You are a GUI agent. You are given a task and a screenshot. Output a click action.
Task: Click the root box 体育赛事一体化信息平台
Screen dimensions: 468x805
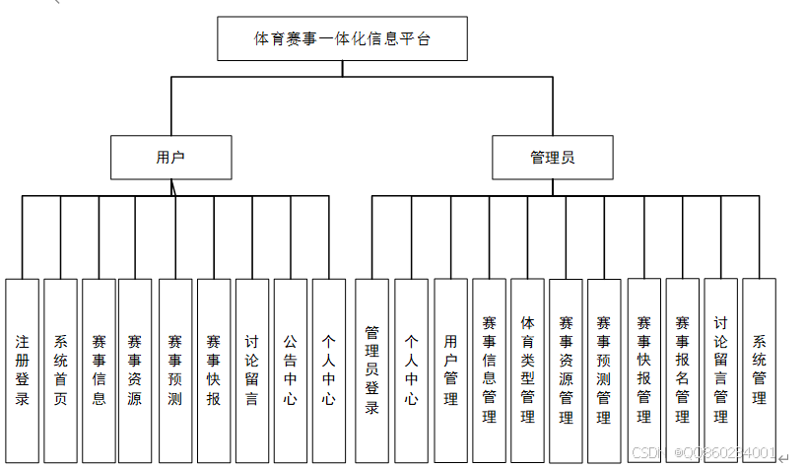[x=342, y=39]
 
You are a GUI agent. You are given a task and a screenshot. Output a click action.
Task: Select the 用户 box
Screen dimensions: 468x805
[x=170, y=158]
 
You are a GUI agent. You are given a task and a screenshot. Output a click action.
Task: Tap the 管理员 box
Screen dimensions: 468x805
[x=552, y=158]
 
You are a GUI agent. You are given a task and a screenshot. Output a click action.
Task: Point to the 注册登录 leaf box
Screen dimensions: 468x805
[x=22, y=369]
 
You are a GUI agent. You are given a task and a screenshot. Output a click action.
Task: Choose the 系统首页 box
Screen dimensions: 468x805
[x=60, y=369]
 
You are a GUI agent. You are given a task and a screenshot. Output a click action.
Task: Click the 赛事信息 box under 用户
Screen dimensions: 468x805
[x=99, y=369]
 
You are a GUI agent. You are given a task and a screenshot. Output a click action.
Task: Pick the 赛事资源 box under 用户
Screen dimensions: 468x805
[x=135, y=369]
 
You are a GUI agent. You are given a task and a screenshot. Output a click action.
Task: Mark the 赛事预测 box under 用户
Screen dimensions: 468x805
[x=174, y=369]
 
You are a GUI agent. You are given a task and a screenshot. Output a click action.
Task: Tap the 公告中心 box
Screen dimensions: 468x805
[x=290, y=369]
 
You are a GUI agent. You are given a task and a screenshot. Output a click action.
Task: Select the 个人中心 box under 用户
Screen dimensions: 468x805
[x=328, y=369]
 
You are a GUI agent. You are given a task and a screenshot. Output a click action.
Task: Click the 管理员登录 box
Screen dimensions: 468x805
[x=371, y=369]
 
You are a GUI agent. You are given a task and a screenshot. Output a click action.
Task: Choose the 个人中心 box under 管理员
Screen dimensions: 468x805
[x=411, y=369]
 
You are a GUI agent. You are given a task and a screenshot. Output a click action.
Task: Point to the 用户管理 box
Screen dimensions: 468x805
[x=450, y=369]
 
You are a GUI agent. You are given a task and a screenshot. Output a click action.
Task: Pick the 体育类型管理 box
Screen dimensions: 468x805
[x=527, y=369]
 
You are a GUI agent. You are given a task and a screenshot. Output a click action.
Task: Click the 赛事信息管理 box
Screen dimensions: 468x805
[x=489, y=369]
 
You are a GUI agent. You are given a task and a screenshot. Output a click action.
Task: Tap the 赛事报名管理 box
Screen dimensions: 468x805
[x=682, y=369]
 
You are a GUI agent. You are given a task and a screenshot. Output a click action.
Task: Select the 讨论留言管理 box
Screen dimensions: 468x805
[x=720, y=369]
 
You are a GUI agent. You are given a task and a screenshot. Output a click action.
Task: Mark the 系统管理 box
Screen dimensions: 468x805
[x=759, y=369]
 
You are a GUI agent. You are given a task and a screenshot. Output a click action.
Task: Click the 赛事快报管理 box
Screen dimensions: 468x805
[x=643, y=369]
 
